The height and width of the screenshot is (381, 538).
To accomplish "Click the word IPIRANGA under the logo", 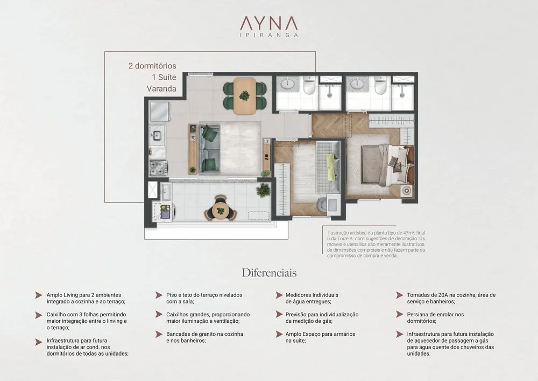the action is click(x=268, y=34).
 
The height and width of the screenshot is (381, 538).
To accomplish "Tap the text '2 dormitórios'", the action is click(x=152, y=66).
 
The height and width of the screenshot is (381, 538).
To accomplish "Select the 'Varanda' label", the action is click(x=161, y=88).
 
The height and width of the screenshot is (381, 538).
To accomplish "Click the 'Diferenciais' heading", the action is click(x=269, y=273).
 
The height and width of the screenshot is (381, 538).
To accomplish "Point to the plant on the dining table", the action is click(x=245, y=95).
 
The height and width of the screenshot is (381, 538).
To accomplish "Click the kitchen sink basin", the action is click(x=157, y=135).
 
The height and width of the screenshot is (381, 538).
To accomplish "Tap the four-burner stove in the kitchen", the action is click(x=159, y=168).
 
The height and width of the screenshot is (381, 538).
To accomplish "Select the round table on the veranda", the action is click(x=218, y=210).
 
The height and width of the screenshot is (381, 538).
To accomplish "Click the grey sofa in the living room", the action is click(x=209, y=148).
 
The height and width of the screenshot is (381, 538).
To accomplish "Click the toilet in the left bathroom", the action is click(x=309, y=86).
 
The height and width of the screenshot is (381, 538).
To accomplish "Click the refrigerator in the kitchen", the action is click(x=159, y=112).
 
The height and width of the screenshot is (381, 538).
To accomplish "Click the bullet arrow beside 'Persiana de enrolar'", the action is click(x=399, y=314).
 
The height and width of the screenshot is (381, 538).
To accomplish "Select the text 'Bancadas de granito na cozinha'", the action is click(x=205, y=334).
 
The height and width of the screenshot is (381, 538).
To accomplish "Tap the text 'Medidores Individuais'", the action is click(x=312, y=295).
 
